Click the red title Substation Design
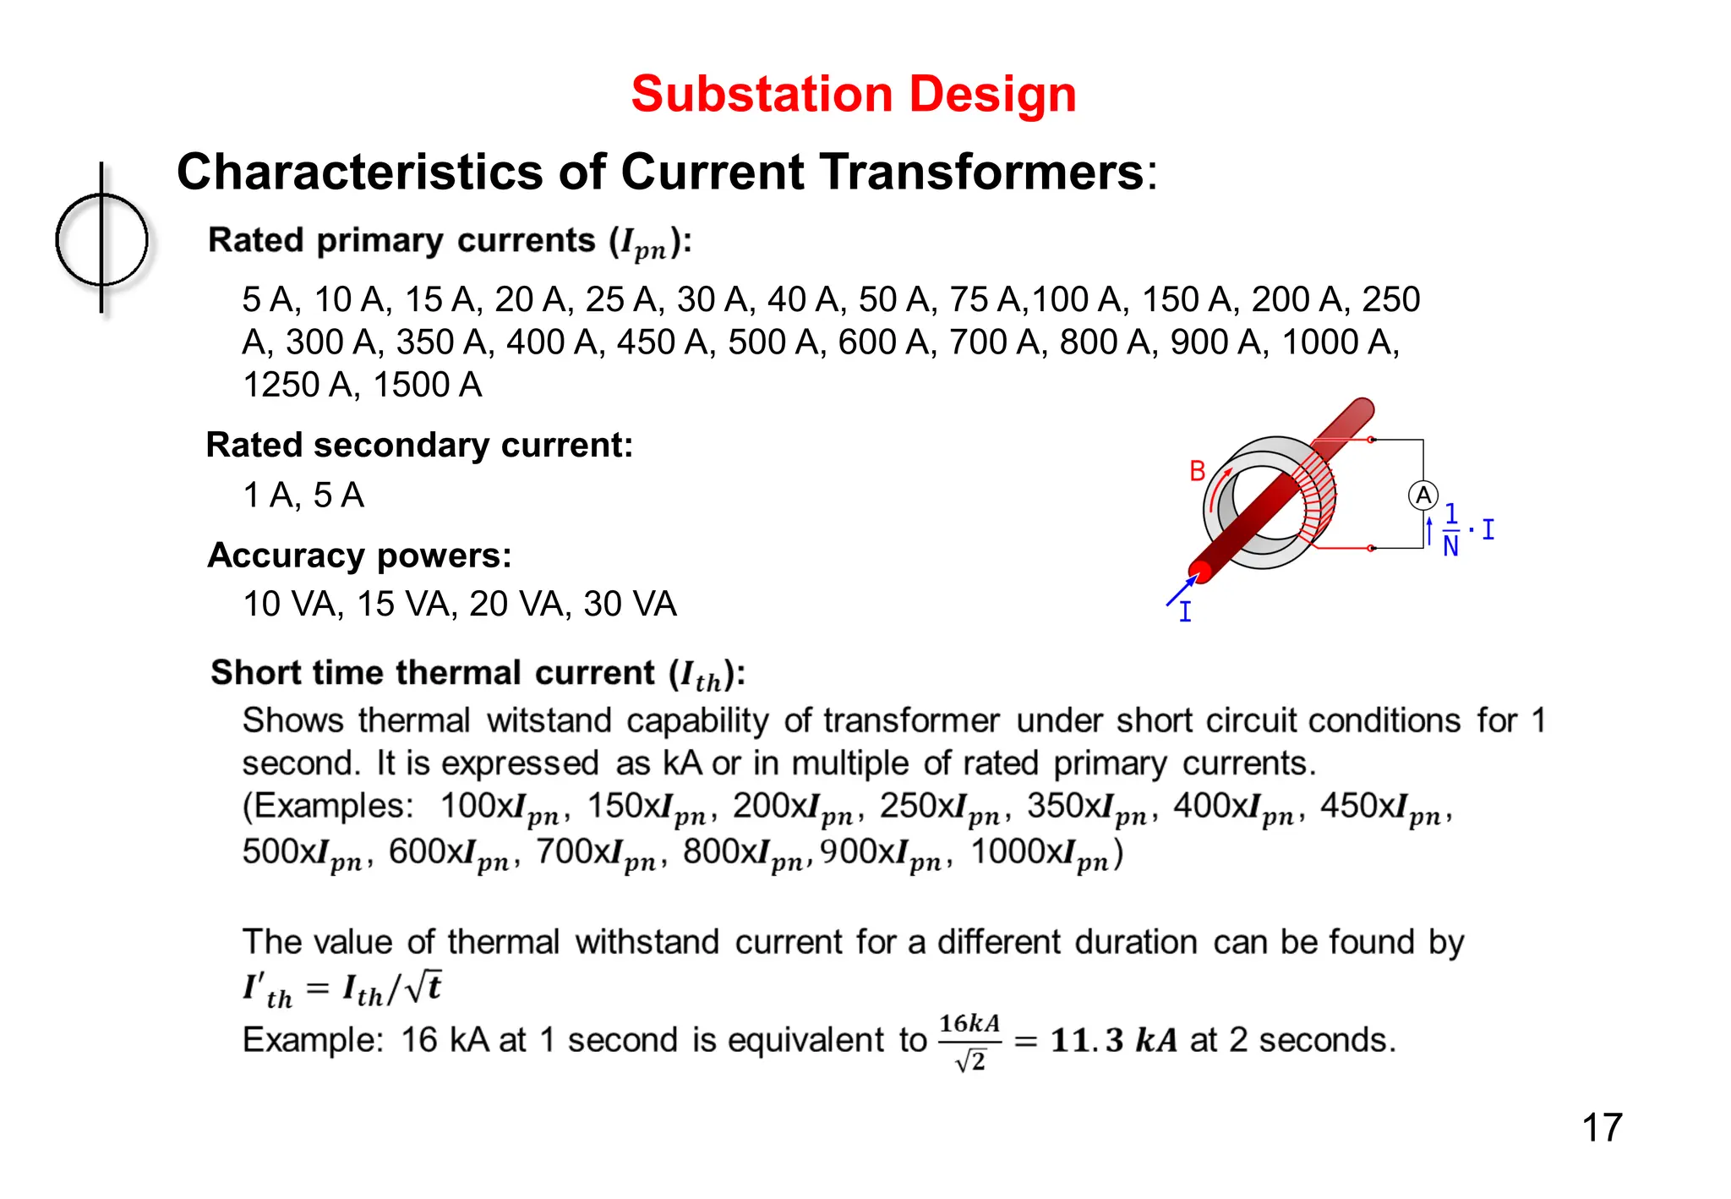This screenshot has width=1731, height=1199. [x=853, y=93]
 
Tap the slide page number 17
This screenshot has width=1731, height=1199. [x=1601, y=1127]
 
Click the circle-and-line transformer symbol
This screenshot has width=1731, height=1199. [x=101, y=239]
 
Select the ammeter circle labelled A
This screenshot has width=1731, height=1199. [x=1422, y=495]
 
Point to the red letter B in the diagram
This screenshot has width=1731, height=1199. [x=1197, y=471]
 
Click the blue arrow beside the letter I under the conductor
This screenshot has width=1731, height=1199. [x=1182, y=590]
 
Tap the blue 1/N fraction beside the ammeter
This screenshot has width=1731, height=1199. [x=1450, y=530]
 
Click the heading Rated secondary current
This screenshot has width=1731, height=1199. [x=419, y=445]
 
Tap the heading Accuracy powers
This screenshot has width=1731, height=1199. [x=359, y=556]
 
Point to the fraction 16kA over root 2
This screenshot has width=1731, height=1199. [x=969, y=1042]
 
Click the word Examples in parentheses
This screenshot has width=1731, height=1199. [x=333, y=806]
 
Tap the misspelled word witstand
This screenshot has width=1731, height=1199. [x=549, y=721]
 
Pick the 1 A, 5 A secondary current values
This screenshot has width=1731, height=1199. [x=303, y=495]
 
